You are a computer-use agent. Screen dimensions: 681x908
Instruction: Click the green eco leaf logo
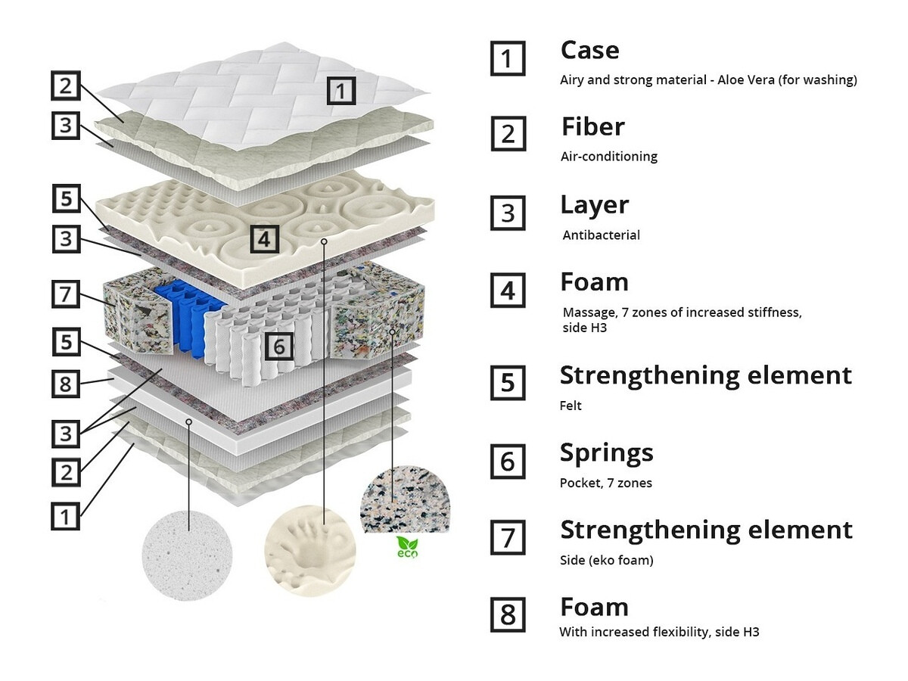[407, 546]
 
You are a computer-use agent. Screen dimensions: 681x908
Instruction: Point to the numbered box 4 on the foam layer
[263, 239]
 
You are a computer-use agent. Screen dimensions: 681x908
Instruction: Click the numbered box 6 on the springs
[278, 346]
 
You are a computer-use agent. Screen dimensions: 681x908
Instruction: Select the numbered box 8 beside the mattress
[66, 384]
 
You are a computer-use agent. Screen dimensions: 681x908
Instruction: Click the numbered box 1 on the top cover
[341, 91]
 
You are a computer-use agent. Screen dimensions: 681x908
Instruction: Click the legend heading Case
[589, 51]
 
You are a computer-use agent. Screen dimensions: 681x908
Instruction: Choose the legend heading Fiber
[592, 126]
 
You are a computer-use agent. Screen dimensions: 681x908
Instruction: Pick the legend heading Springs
[606, 452]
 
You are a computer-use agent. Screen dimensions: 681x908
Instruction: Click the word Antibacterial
[601, 235]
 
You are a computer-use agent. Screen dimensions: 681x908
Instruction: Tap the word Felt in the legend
[571, 406]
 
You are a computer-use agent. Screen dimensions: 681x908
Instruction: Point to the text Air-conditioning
[608, 157]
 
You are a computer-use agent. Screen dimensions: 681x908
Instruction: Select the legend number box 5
[508, 383]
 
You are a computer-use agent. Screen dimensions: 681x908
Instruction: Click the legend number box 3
[508, 214]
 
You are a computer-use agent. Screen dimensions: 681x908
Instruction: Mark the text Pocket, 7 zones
[605, 483]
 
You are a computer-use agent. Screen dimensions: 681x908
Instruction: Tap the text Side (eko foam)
[606, 561]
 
